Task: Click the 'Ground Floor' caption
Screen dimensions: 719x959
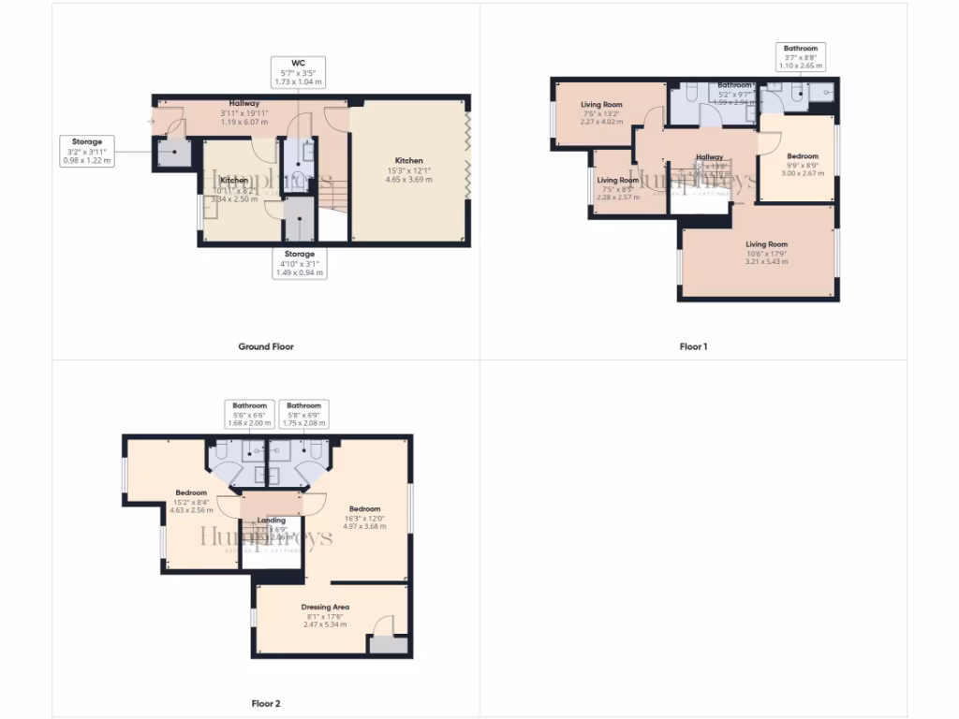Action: click(265, 346)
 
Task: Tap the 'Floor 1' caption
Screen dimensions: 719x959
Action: click(693, 346)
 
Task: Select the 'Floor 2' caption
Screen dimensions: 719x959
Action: click(265, 703)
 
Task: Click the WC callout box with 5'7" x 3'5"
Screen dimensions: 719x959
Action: click(299, 72)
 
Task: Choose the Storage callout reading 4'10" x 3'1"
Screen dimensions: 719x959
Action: click(300, 263)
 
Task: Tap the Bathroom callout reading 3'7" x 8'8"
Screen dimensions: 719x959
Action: click(801, 57)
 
